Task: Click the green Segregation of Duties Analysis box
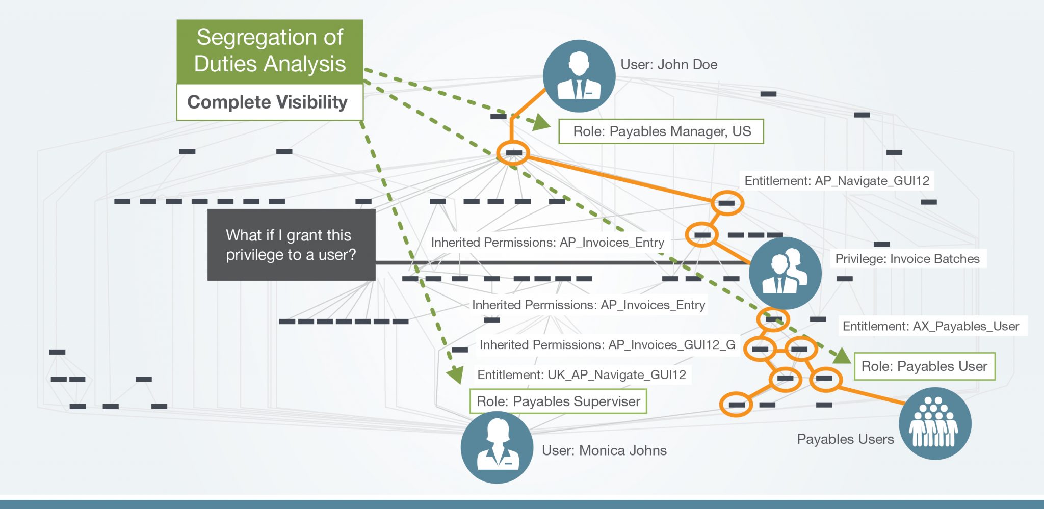270,51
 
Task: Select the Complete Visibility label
268,102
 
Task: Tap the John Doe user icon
579,76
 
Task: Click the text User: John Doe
669,65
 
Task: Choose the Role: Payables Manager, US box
661,131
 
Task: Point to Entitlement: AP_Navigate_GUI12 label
837,181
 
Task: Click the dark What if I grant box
291,245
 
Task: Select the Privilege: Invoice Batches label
907,259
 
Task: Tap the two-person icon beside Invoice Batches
785,273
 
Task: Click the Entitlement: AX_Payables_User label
931,326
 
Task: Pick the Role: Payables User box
924,366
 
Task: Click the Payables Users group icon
934,423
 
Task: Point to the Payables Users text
845,439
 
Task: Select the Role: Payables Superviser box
558,401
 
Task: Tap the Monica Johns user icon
497,447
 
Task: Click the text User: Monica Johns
604,450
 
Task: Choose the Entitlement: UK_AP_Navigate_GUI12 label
582,375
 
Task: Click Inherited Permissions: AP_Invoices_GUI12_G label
607,345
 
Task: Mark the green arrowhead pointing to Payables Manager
541,123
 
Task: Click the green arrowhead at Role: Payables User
842,356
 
